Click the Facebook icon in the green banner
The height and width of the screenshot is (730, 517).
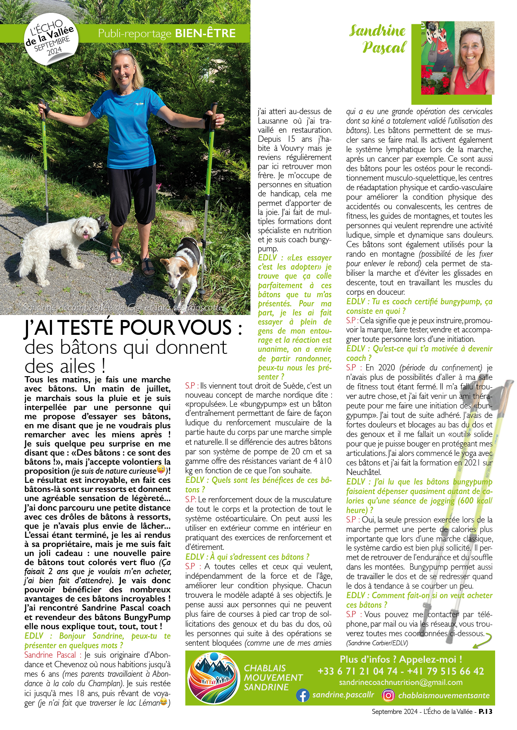pyautogui.click(x=303, y=695)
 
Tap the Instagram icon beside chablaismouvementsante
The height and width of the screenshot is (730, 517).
pyautogui.click(x=388, y=695)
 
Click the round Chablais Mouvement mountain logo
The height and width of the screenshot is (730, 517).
pyautogui.click(x=213, y=678)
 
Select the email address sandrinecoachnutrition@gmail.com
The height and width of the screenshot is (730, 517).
pyautogui.click(x=401, y=682)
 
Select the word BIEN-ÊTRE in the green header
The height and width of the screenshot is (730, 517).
pyautogui.click(x=205, y=33)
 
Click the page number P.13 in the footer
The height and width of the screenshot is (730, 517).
pyautogui.click(x=486, y=711)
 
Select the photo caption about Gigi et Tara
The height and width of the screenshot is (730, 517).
pyautogui.click(x=125, y=308)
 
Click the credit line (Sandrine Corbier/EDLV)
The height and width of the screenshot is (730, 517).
pyautogui.click(x=377, y=643)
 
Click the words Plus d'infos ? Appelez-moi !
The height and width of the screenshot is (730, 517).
pyautogui.click(x=401, y=659)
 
